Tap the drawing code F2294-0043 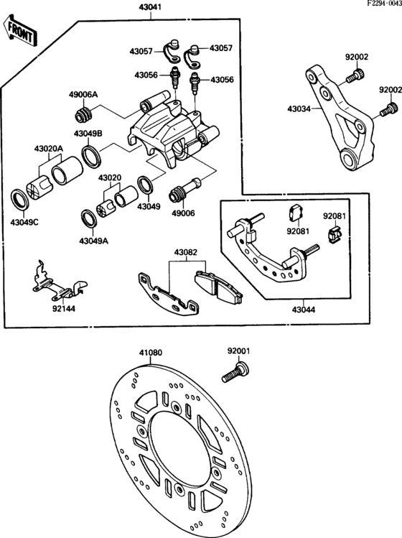click(378, 5)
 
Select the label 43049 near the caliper click(149, 205)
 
